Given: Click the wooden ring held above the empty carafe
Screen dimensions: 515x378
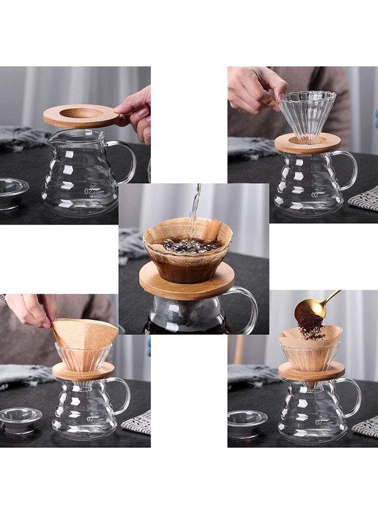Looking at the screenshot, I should tap(81, 117).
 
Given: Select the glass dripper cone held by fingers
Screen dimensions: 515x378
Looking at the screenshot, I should tap(306, 114).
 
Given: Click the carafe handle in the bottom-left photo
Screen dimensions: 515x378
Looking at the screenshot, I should tap(121, 395).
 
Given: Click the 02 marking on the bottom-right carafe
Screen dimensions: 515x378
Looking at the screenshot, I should tap(318, 422).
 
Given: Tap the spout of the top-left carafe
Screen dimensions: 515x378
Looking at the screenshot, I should tap(51, 139).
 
